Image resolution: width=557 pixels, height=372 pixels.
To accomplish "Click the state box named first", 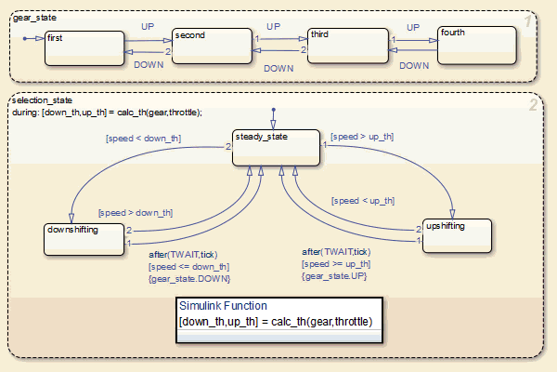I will tap(84, 47).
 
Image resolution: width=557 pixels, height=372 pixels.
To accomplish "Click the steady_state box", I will tap(276, 150).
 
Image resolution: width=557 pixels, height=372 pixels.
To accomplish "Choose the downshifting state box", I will tap(84, 237).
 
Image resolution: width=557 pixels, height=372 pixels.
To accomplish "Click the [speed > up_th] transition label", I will tap(361, 137).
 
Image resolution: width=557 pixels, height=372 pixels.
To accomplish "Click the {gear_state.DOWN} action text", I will tap(189, 278).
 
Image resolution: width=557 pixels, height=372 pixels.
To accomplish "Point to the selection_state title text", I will tap(42, 100).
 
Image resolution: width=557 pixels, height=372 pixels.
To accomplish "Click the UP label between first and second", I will tap(148, 27).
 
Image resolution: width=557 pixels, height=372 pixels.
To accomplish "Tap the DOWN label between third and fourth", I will tap(414, 66).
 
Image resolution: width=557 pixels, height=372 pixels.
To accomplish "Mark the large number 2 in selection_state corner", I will tap(532, 105).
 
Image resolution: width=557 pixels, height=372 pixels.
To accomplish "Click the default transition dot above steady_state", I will tap(273, 110).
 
